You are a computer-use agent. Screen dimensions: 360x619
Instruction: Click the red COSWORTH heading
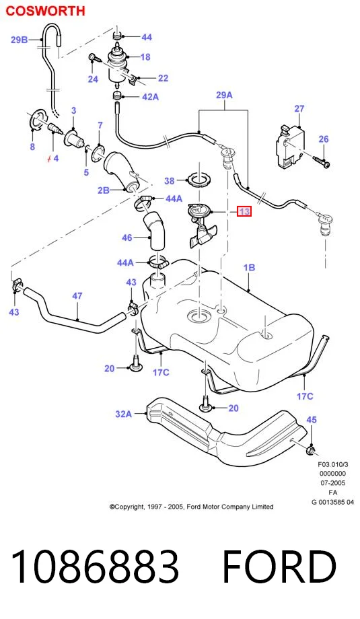[45, 11]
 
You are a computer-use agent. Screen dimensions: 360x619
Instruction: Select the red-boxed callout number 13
[244, 211]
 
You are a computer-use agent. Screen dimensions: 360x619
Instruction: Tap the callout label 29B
[19, 40]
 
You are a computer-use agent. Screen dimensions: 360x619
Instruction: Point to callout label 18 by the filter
[145, 57]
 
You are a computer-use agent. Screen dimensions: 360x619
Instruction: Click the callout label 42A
[150, 96]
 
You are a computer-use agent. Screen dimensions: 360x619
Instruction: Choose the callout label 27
[299, 108]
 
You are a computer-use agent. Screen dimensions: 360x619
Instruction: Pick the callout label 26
[323, 139]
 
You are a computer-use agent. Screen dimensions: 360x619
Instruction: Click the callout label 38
[169, 181]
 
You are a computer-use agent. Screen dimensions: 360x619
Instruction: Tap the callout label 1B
[249, 267]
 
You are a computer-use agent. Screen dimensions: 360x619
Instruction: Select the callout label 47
[77, 295]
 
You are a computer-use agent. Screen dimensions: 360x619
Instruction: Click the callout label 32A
[123, 414]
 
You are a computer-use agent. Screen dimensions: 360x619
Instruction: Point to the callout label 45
[312, 420]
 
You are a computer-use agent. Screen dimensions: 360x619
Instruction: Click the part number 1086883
[95, 566]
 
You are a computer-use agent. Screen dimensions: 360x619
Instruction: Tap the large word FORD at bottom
[279, 566]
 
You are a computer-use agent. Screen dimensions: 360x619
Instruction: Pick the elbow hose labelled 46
[155, 231]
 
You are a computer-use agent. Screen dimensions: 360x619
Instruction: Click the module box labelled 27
[290, 146]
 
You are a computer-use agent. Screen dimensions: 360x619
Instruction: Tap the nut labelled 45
[312, 449]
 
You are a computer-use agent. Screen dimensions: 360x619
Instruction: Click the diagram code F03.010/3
[333, 465]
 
